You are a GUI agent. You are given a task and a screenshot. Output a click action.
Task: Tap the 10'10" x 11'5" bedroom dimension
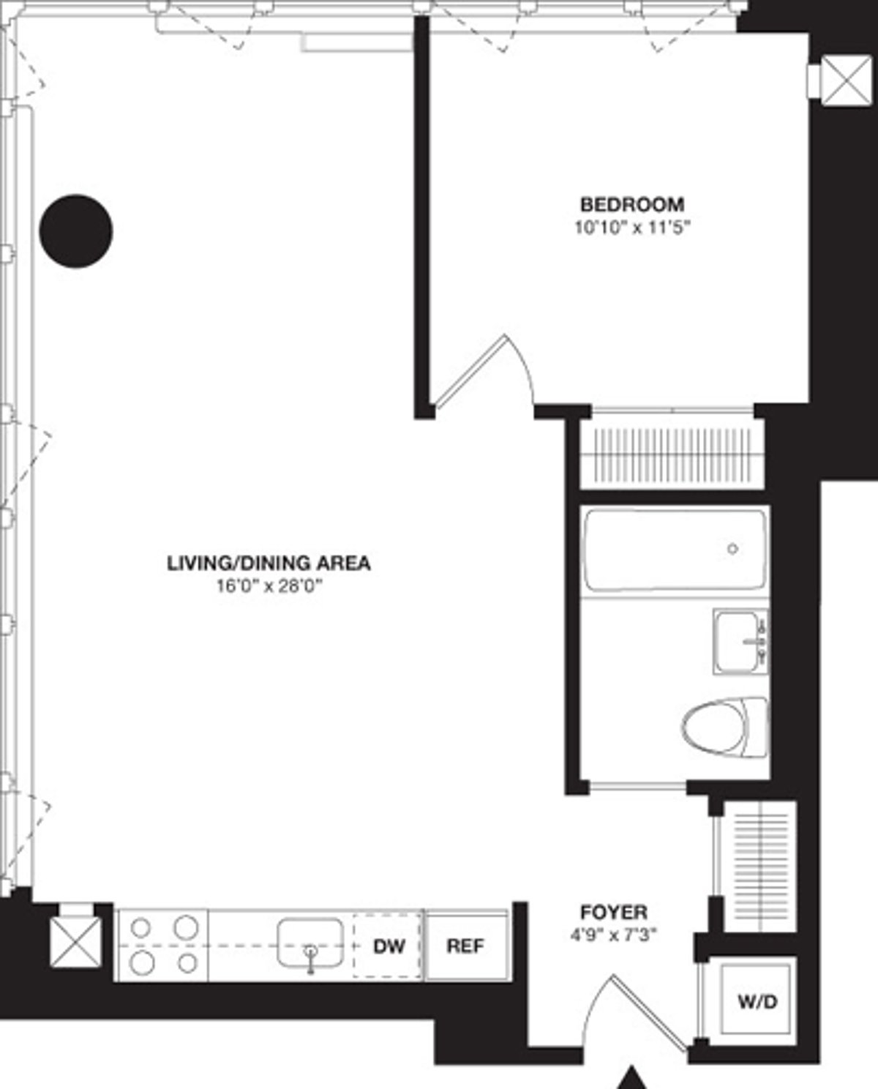pyautogui.click(x=632, y=227)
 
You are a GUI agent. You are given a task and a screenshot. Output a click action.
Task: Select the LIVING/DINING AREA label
pyautogui.click(x=269, y=563)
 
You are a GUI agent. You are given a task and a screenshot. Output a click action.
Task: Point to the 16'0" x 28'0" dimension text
pyautogui.click(x=269, y=586)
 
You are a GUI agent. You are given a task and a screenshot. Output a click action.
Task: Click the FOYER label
pyautogui.click(x=613, y=912)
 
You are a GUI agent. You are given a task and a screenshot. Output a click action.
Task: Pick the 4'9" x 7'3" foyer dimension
pyautogui.click(x=613, y=935)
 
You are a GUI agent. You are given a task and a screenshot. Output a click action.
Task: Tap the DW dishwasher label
pyautogui.click(x=389, y=946)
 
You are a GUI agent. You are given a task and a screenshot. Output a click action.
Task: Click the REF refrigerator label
pyautogui.click(x=465, y=946)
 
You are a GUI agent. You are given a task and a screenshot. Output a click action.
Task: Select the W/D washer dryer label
pyautogui.click(x=757, y=1001)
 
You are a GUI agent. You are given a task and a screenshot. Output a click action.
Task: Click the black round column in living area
pyautogui.click(x=76, y=231)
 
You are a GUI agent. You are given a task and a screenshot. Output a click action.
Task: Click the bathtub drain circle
pyautogui.click(x=732, y=548)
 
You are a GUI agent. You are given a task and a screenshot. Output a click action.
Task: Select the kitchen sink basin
pyautogui.click(x=309, y=943)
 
